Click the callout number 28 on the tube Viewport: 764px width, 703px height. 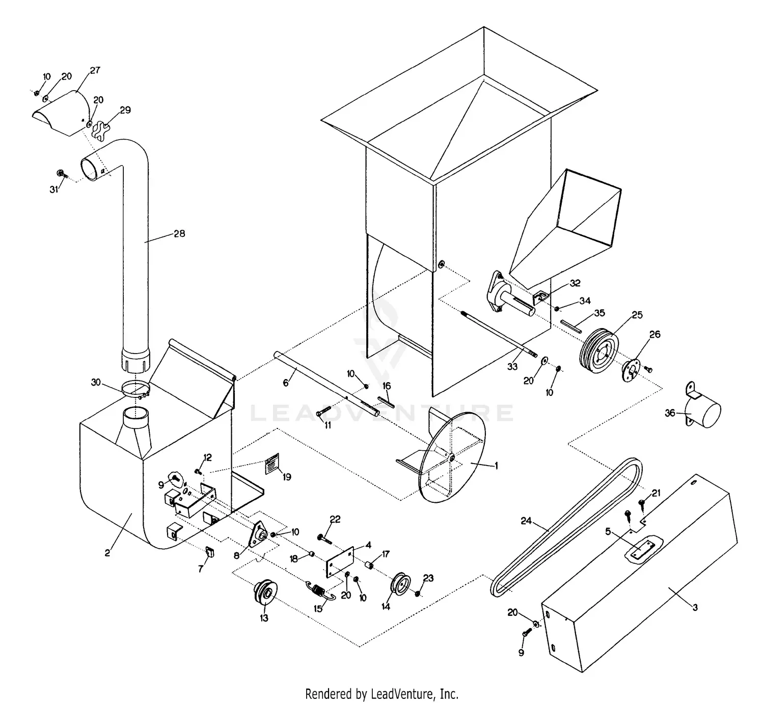[x=179, y=234]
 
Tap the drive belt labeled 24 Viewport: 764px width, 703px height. [x=560, y=525]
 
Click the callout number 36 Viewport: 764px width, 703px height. [x=670, y=412]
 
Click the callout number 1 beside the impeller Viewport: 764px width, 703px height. [x=497, y=465]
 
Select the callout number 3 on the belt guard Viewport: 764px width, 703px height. [x=695, y=607]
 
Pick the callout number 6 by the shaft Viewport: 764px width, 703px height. [x=286, y=383]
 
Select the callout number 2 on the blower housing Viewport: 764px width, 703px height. [x=107, y=553]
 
